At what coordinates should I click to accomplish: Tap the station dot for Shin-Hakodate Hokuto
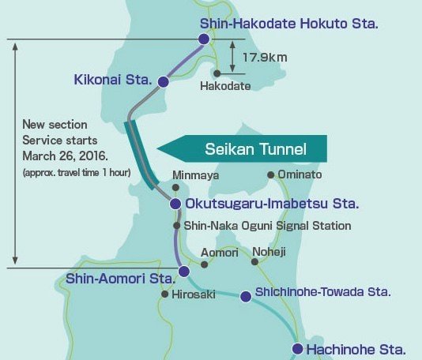204,39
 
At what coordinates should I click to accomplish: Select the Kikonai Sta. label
115,80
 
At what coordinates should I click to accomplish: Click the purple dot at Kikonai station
164,81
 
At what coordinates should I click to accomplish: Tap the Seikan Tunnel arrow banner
243,148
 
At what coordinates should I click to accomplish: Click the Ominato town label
300,174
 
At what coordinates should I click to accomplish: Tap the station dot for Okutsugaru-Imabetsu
175,204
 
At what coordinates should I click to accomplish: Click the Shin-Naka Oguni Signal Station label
267,226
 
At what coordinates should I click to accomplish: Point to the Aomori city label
218,252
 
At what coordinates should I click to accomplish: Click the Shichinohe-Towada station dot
245,297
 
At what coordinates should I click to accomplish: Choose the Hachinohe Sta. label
356,348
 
